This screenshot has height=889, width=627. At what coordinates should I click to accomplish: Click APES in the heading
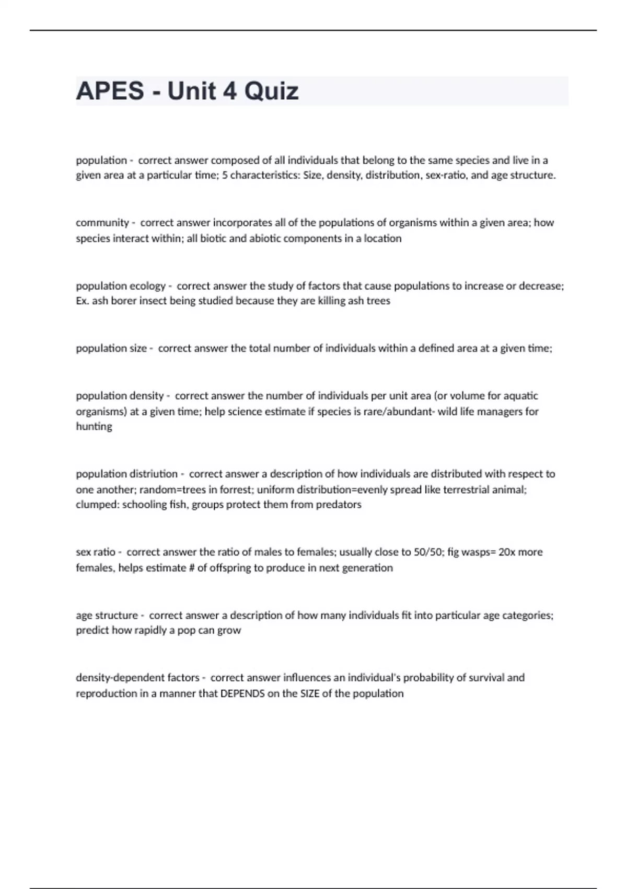110,91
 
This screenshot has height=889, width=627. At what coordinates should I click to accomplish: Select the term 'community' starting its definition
102,223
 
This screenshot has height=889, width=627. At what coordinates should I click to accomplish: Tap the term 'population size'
111,348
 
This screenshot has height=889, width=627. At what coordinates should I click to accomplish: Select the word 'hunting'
94,427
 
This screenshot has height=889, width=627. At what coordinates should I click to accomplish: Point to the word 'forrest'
234,489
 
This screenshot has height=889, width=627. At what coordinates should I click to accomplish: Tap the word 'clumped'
97,505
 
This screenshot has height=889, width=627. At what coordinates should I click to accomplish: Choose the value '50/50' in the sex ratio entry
427,552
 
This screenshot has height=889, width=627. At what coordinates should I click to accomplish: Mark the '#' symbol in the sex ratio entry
190,568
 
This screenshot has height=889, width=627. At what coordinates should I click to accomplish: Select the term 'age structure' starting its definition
107,616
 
